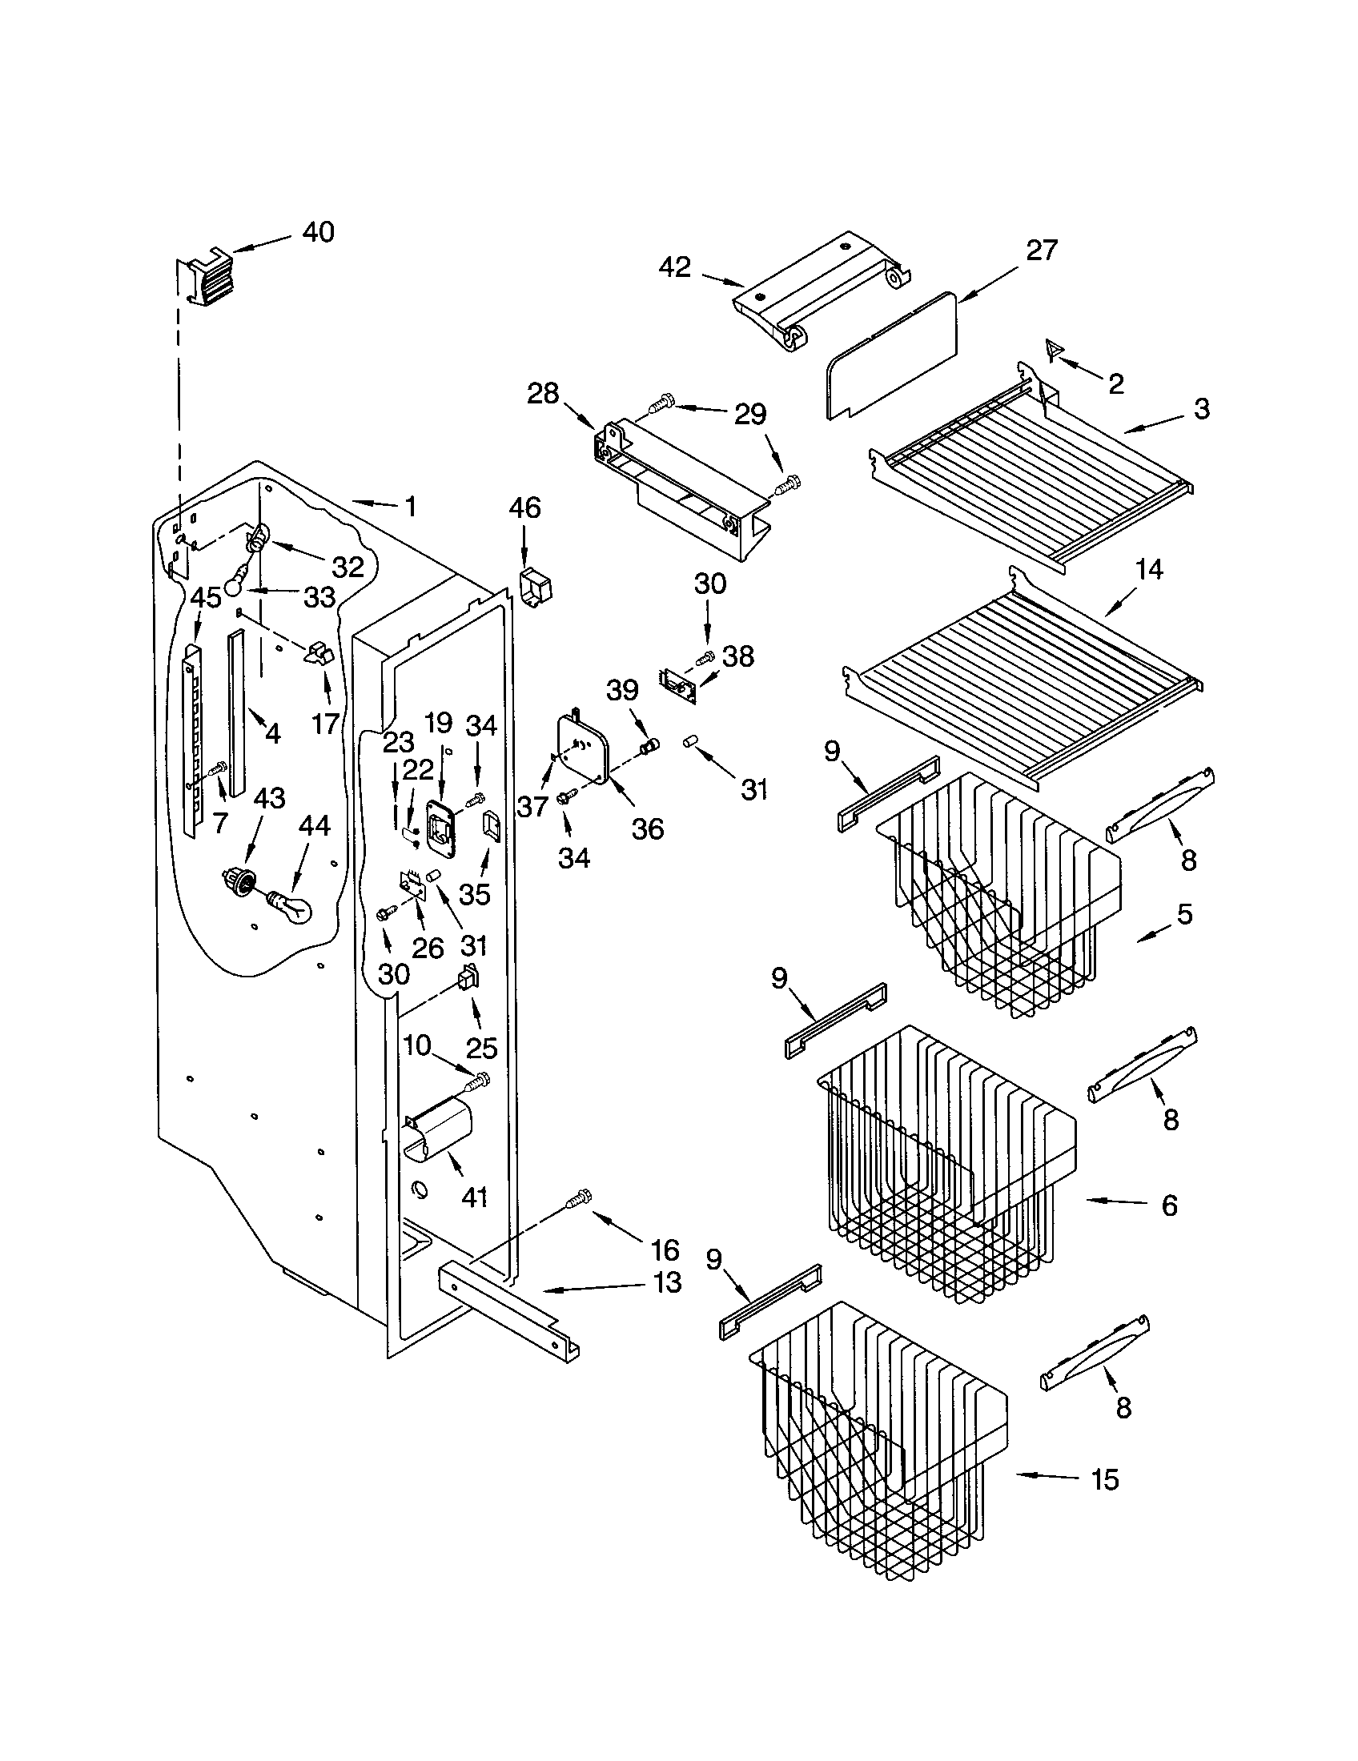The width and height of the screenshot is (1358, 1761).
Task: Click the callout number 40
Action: (318, 233)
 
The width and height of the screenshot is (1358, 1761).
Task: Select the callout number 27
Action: (1041, 251)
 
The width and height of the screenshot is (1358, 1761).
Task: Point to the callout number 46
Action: (525, 508)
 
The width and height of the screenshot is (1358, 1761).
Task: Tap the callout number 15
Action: (1105, 1479)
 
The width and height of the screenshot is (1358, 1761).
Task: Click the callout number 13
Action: (667, 1282)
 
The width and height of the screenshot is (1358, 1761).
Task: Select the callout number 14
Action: (1149, 570)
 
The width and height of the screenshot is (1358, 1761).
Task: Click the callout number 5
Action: (1183, 914)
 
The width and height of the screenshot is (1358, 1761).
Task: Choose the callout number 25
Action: (481, 1048)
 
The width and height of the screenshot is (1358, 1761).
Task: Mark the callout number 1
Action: (410, 507)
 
